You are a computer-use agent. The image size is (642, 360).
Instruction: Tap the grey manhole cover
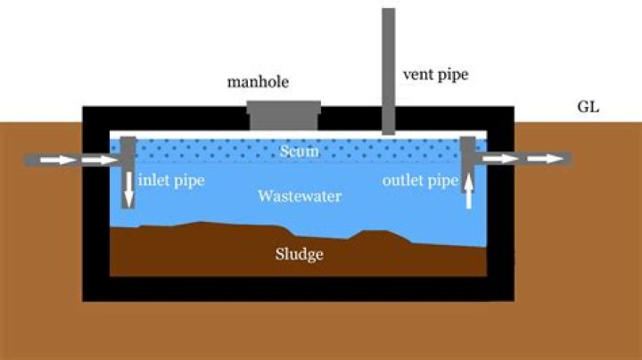tap(284, 114)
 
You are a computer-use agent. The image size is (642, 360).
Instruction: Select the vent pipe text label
tap(436, 75)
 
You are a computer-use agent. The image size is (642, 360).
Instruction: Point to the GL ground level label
tap(588, 108)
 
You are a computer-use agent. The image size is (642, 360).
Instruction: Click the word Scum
tap(298, 151)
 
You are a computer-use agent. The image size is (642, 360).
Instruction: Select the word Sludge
tap(298, 255)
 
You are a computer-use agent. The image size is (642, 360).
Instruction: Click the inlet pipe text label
tap(171, 181)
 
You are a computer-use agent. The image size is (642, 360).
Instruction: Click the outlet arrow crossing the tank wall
tap(499, 159)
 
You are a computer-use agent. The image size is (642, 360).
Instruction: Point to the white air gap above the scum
tap(223, 134)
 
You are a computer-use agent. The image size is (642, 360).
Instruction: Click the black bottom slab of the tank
tap(298, 288)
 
